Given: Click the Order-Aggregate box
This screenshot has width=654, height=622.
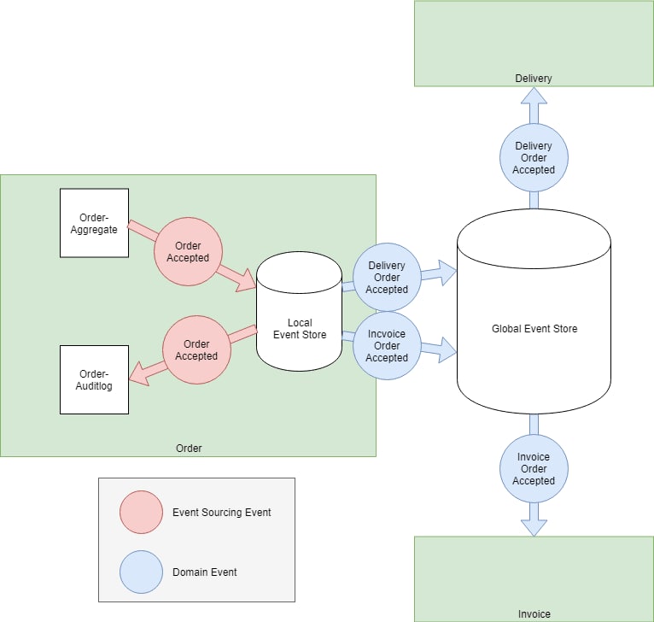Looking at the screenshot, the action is click(94, 223).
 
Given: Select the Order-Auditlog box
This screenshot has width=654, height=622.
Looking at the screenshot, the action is click(94, 379).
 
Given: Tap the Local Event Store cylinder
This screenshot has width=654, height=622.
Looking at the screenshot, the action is click(299, 311).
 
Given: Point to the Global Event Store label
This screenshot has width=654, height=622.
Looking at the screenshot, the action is click(534, 329).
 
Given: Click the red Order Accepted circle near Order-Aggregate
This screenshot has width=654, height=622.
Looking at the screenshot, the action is click(188, 252).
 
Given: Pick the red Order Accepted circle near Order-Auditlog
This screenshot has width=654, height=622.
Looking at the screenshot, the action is click(196, 349).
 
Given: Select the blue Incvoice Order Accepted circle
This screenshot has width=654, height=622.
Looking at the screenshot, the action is click(387, 346).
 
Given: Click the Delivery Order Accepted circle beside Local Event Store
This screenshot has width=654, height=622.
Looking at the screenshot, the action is click(387, 277).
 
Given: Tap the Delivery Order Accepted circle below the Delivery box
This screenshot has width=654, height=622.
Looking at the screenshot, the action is click(534, 158).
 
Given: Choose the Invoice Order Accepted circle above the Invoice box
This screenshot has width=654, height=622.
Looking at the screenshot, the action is click(534, 468).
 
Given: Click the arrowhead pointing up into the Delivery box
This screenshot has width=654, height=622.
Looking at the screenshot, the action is click(534, 96).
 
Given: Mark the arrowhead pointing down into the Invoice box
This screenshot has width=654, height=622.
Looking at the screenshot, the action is click(534, 528).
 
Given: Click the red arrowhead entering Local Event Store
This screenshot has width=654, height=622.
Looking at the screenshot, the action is click(247, 280).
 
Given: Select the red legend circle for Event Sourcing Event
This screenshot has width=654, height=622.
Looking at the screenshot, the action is click(141, 512).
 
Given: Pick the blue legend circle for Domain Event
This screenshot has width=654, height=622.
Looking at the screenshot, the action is click(141, 572).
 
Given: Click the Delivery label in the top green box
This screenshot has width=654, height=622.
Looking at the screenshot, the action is click(534, 79).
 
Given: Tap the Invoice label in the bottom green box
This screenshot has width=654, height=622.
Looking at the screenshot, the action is click(534, 614).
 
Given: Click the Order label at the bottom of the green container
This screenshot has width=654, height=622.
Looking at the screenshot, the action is click(189, 449).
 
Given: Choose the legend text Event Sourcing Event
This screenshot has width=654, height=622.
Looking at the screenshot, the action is click(221, 513).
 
